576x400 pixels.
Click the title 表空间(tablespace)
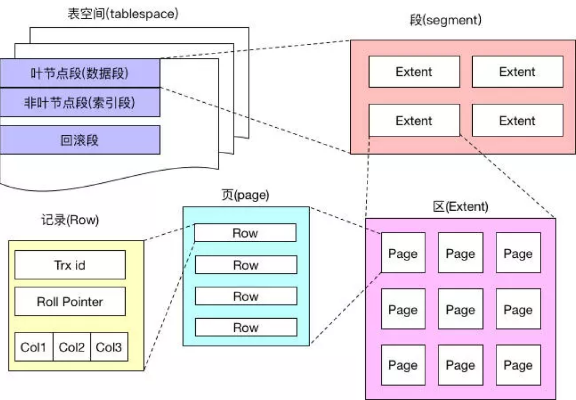pyautogui.click(x=122, y=14)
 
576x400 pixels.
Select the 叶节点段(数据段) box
pyautogui.click(x=80, y=73)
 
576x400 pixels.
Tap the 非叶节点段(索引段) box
pyautogui.click(x=80, y=102)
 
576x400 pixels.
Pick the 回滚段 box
pyautogui.click(x=80, y=141)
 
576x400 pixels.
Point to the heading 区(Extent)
pyautogui.click(x=460, y=207)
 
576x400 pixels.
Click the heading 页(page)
pyautogui.click(x=245, y=196)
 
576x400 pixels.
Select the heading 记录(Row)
pyautogui.click(x=70, y=220)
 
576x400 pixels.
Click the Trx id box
pyautogui.click(x=70, y=265)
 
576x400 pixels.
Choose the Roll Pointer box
pyautogui.click(x=70, y=302)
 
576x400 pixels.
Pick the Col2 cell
pyautogui.click(x=72, y=348)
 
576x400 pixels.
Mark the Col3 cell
pyautogui.click(x=109, y=348)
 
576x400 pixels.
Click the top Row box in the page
pyautogui.click(x=245, y=233)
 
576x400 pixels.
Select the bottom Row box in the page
pyautogui.click(x=245, y=327)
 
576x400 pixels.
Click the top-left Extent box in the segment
pyautogui.click(x=414, y=72)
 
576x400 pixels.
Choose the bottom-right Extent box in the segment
pyautogui.click(x=517, y=120)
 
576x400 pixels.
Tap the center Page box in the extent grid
pyautogui.click(x=460, y=310)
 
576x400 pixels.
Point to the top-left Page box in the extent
pyautogui.click(x=403, y=253)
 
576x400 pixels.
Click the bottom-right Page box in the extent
pyautogui.click(x=518, y=365)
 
